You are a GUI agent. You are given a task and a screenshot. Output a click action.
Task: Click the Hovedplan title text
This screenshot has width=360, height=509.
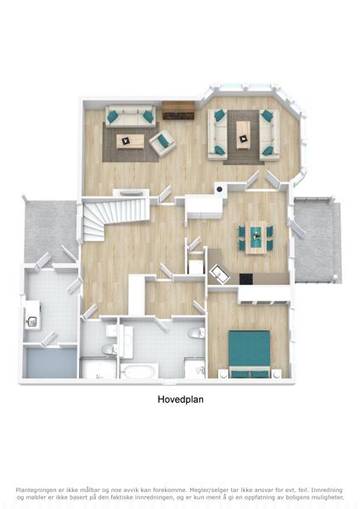coord(180,399)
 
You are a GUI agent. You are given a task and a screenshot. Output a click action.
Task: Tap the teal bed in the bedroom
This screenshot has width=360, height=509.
coord(250,354)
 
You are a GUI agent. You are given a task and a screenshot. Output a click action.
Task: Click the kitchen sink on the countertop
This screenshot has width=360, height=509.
coord(219,274)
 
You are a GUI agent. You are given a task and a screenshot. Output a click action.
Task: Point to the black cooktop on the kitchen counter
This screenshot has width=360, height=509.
coord(246,279)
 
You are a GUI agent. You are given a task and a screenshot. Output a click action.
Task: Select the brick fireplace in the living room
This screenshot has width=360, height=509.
coord(178,110)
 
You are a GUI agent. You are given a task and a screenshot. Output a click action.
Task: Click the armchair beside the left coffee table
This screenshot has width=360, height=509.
coord(162,143)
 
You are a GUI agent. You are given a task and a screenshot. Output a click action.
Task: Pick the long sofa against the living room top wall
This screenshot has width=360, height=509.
coord(130,115)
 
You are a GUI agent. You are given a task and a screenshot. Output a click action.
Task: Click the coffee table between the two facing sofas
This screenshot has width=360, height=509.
coord(244,135)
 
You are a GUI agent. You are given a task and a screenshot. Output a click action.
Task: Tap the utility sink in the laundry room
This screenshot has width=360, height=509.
coord(32,322)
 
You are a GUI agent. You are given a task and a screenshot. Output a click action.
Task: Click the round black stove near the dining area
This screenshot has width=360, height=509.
coord(220,189)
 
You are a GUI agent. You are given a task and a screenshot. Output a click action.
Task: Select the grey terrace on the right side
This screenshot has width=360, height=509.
coord(317,240)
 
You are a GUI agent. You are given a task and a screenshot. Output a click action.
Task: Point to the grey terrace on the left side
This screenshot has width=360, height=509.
coord(50,231)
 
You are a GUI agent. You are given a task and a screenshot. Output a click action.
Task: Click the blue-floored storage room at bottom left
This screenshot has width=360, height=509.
coord(51,363)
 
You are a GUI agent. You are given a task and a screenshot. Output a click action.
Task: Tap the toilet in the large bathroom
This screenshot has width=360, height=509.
coord(196,333)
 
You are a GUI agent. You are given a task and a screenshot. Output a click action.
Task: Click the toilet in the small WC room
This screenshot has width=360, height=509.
coord(110,350)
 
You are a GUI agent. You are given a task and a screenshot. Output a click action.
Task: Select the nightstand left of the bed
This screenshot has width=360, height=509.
coord(223,374)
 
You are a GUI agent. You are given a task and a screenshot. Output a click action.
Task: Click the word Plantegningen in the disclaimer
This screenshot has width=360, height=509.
coord(35,489)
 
